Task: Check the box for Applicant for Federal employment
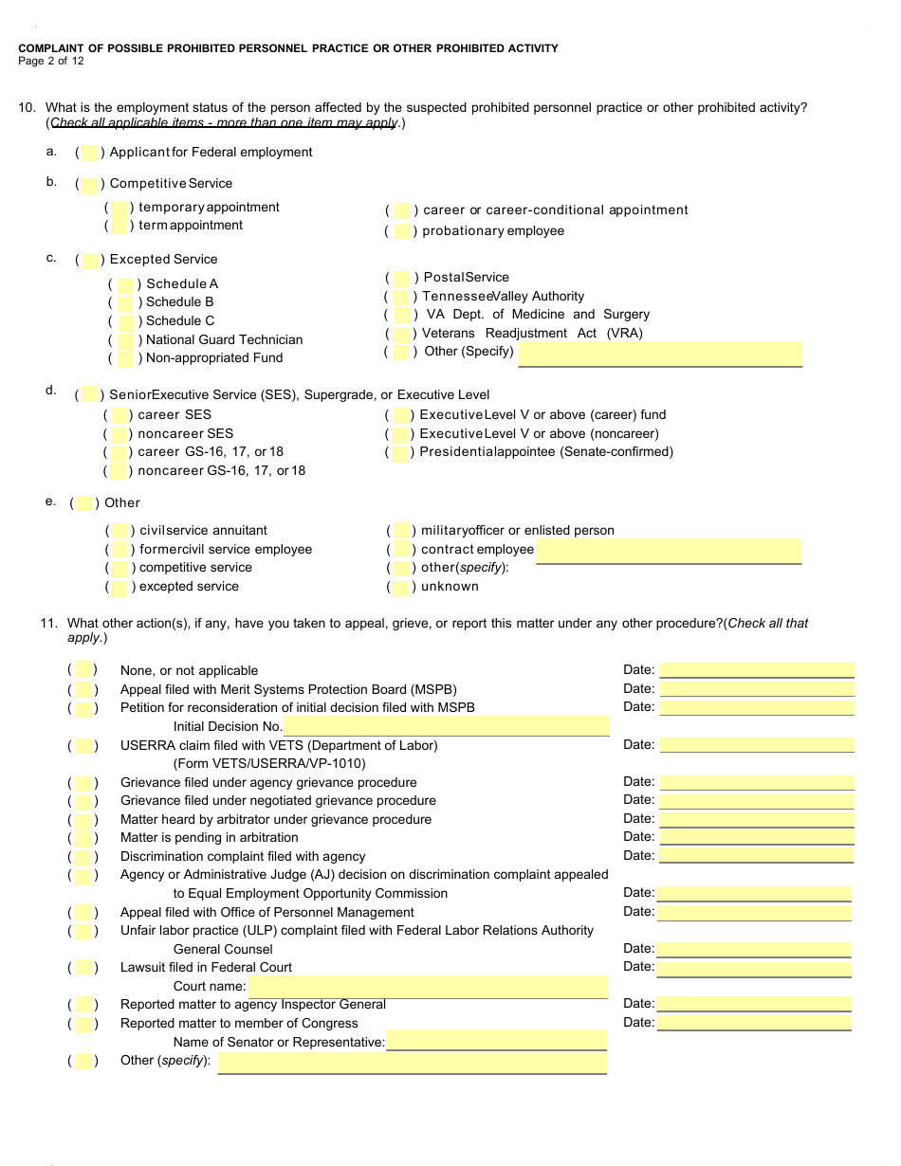tap(90, 153)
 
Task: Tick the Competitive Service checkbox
tap(90, 184)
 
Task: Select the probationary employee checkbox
tap(402, 231)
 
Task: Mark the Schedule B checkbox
tap(125, 302)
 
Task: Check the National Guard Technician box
tap(125, 340)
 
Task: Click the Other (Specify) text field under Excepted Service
tap(660, 353)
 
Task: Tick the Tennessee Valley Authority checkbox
tap(402, 297)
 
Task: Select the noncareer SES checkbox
tap(121, 434)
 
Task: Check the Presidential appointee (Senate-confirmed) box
tap(402, 452)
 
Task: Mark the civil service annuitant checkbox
tap(121, 531)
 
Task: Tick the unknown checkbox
tap(402, 587)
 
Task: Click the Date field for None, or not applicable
tap(757, 670)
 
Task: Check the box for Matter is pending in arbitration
tap(83, 838)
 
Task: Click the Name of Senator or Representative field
tap(496, 1042)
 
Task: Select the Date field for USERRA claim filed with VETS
tap(757, 745)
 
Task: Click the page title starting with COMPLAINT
tap(288, 48)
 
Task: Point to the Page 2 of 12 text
tap(51, 62)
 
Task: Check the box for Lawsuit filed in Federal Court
tap(83, 968)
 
